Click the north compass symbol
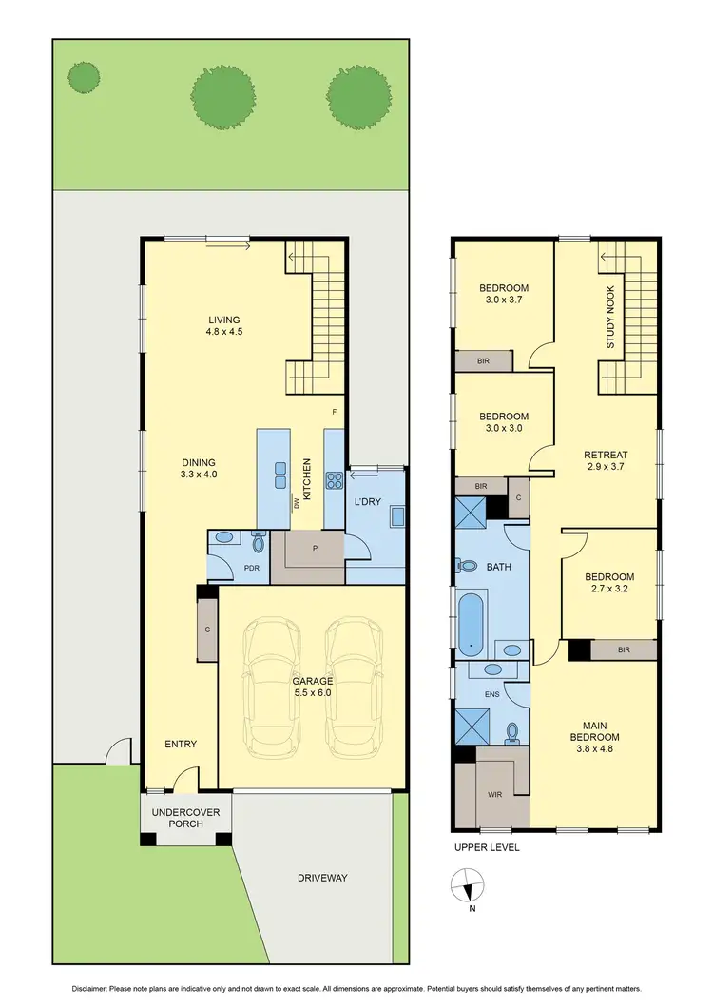[x=466, y=886]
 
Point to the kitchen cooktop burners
[x=335, y=480]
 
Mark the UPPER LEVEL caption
[x=487, y=847]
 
